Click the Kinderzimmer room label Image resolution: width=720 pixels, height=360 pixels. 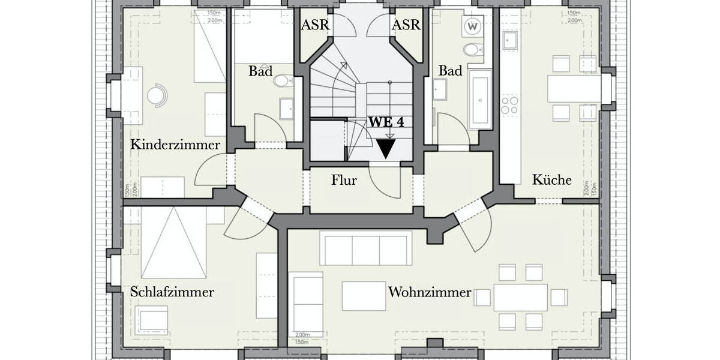pos(175,145)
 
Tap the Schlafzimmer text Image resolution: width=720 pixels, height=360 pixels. pos(172,292)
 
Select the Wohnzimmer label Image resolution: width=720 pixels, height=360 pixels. pos(430,293)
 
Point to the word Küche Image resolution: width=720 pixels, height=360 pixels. pos(551,179)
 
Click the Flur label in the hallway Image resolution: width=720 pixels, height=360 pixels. pos(344,179)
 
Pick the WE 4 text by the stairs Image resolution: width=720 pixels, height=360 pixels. pos(386,121)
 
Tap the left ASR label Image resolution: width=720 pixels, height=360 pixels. pos(315,25)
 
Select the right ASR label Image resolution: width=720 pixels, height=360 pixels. pos(406,25)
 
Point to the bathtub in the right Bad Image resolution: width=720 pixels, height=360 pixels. pos(480,98)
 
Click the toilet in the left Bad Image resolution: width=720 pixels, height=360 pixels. pos(282,81)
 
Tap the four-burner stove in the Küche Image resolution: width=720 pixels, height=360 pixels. pos(510,106)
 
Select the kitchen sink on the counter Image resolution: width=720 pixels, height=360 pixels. pos(511,40)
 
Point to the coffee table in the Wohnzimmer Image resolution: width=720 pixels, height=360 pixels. pos(364,296)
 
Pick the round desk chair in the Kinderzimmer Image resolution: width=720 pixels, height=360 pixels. pos(158,94)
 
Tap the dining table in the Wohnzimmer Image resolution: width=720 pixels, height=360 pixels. pos(520,297)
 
